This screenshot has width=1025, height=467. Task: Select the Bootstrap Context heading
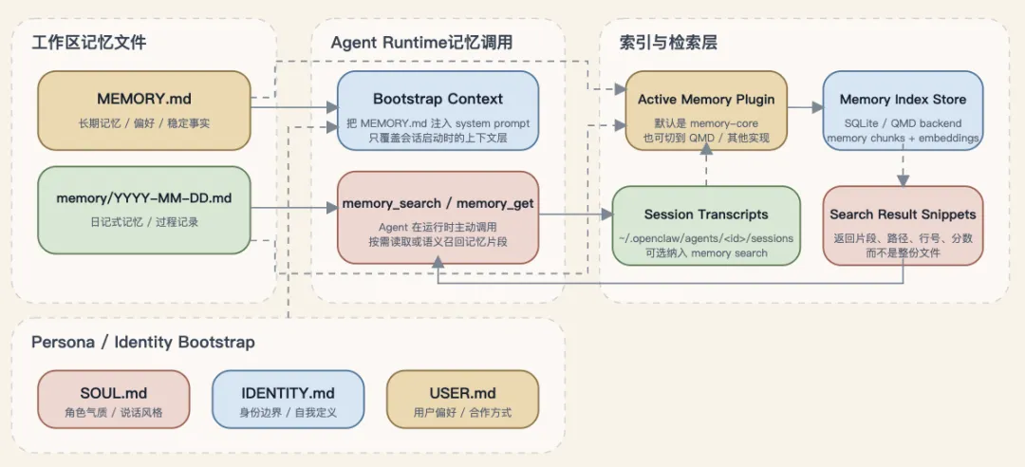pyautogui.click(x=438, y=99)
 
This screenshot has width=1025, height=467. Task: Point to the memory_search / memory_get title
pyautogui.click(x=438, y=203)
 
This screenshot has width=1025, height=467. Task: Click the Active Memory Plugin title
pyautogui.click(x=706, y=99)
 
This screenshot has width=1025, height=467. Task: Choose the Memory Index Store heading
pyautogui.click(x=903, y=99)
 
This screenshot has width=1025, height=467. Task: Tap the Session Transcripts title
pyautogui.click(x=706, y=215)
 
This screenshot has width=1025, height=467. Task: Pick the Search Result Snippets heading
pyautogui.click(x=903, y=215)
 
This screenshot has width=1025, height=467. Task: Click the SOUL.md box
pyautogui.click(x=114, y=399)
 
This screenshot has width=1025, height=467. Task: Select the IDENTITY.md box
pyautogui.click(x=288, y=399)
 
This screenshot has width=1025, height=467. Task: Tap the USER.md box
pyautogui.click(x=462, y=399)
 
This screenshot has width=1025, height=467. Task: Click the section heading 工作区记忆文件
pyautogui.click(x=89, y=43)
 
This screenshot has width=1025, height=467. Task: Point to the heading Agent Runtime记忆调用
pyautogui.click(x=421, y=43)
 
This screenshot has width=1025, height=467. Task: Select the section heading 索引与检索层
pyautogui.click(x=668, y=43)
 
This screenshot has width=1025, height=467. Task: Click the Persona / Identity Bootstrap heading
pyautogui.click(x=143, y=342)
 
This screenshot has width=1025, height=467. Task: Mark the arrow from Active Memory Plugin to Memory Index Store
pyautogui.click(x=805, y=108)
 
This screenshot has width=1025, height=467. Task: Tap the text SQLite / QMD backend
pyautogui.click(x=903, y=122)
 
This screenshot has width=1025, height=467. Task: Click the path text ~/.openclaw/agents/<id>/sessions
pyautogui.click(x=706, y=237)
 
